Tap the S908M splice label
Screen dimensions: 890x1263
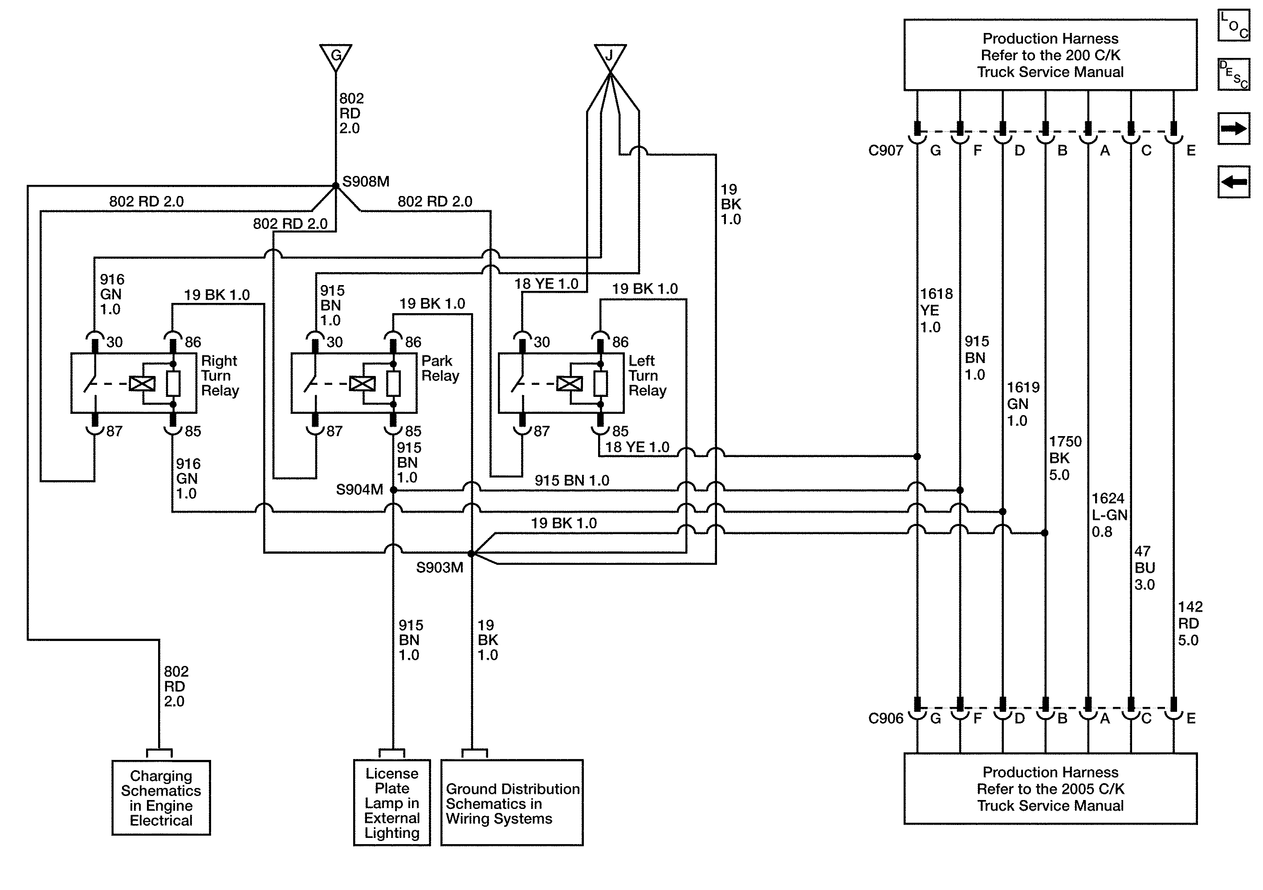(x=366, y=182)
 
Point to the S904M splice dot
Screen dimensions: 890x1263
(x=393, y=490)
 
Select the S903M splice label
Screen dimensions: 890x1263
(x=440, y=567)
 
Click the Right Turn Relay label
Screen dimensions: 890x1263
(x=220, y=376)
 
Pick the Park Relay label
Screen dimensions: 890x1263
(x=440, y=368)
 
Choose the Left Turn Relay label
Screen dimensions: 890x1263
(x=648, y=376)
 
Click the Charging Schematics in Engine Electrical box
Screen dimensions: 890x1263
(x=161, y=798)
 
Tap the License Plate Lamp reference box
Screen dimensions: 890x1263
(x=391, y=803)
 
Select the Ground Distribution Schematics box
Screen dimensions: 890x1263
(x=512, y=803)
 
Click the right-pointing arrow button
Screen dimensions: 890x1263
(x=1233, y=129)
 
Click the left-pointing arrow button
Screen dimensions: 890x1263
(x=1233, y=182)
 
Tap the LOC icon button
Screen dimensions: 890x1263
(x=1233, y=25)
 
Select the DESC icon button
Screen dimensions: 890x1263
(x=1233, y=74)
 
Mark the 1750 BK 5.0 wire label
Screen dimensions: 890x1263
(x=1065, y=458)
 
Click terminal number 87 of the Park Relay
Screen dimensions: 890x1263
(x=334, y=431)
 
